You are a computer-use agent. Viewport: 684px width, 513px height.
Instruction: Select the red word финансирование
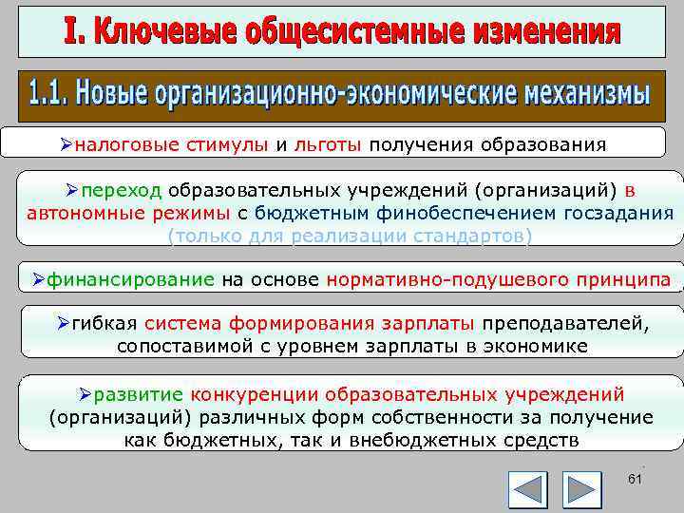point(132,279)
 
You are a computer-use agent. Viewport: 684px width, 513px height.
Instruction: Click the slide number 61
point(636,481)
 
